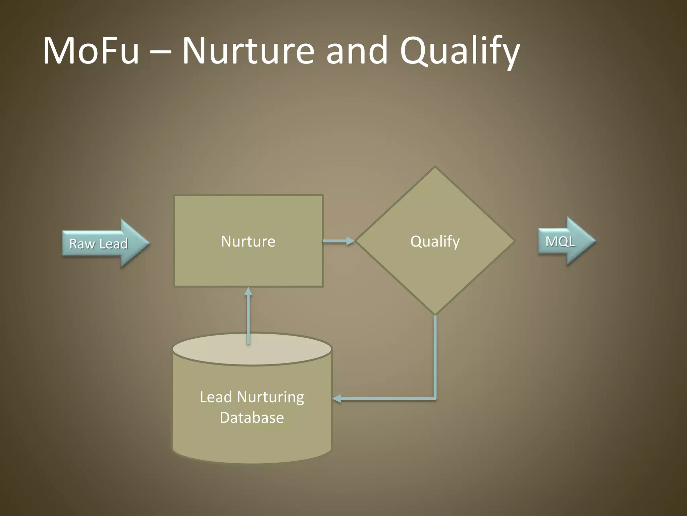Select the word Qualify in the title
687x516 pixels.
pyautogui.click(x=460, y=52)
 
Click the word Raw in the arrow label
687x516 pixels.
pyautogui.click(x=82, y=244)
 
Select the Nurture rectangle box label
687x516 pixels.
pyautogui.click(x=248, y=241)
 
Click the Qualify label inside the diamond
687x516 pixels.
pyautogui.click(x=435, y=241)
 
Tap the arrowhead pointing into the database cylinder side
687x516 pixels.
pyautogui.click(x=337, y=399)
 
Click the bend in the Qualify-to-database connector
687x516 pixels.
pyautogui.click(x=435, y=398)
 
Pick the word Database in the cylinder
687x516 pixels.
pyautogui.click(x=252, y=418)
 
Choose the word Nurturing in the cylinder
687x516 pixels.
pyautogui.click(x=270, y=397)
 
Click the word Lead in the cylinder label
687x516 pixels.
pyautogui.click(x=216, y=397)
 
